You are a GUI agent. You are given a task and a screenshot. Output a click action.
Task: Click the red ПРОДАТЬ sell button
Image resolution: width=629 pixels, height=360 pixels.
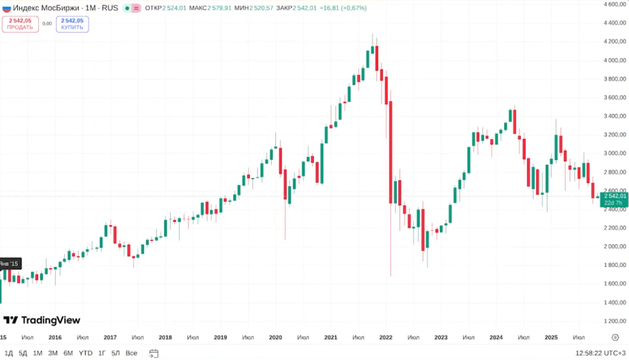pyautogui.click(x=20, y=24)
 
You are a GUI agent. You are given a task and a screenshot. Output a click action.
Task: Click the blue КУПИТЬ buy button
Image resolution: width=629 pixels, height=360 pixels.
pyautogui.click(x=72, y=24)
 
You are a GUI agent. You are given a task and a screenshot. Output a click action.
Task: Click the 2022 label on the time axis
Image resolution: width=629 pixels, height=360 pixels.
pyautogui.click(x=386, y=337)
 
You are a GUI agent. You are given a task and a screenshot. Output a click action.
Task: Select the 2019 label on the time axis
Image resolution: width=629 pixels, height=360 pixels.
pyautogui.click(x=220, y=337)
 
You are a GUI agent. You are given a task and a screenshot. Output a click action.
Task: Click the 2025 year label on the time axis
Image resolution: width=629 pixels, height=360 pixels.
pyautogui.click(x=551, y=337)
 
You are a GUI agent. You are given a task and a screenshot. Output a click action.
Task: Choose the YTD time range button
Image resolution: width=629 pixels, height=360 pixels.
pyautogui.click(x=86, y=353)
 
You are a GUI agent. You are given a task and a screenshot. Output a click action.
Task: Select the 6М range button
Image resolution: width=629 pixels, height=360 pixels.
pyautogui.click(x=68, y=353)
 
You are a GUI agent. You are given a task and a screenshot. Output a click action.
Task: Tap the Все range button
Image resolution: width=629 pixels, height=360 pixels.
pyautogui.click(x=131, y=353)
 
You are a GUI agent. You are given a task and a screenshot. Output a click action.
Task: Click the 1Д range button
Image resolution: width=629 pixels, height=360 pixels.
pyautogui.click(x=9, y=353)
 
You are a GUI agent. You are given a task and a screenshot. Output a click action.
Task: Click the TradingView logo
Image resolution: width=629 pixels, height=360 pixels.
pyautogui.click(x=42, y=320)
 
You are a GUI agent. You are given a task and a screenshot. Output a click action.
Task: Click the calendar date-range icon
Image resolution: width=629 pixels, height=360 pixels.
pyautogui.click(x=154, y=353)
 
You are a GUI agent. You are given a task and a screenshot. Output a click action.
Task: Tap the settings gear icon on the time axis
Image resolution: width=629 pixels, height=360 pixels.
pyautogui.click(x=615, y=337)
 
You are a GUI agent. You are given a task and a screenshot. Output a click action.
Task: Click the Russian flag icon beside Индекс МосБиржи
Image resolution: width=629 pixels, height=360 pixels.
pyautogui.click(x=7, y=8)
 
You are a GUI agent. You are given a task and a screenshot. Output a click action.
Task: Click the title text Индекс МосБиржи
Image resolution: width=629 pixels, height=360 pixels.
pyautogui.click(x=46, y=8)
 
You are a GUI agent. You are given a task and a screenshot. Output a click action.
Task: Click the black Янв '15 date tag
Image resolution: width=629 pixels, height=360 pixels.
pyautogui.click(x=10, y=263)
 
